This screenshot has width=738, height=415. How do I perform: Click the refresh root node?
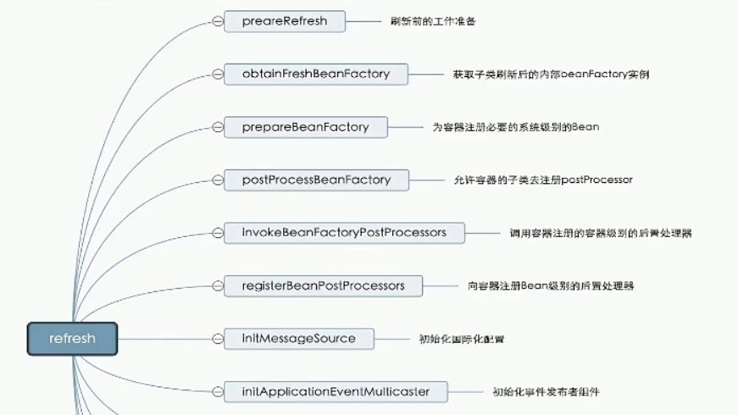[x=72, y=339]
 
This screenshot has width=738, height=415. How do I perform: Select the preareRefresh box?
[x=285, y=21]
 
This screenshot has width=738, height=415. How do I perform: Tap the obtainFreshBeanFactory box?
[x=315, y=75]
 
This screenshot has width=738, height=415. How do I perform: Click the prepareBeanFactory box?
[x=305, y=127]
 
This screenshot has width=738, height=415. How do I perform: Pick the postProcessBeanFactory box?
[x=316, y=180]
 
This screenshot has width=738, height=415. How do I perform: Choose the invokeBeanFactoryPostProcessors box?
[x=344, y=233]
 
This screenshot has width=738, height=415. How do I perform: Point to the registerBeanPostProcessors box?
[x=323, y=285]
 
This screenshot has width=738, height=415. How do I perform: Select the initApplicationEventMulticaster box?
[x=335, y=391]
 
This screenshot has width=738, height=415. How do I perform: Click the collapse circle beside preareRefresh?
[x=218, y=21]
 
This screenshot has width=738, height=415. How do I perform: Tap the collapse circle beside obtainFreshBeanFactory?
[x=218, y=75]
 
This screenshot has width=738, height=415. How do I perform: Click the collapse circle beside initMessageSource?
[x=218, y=339]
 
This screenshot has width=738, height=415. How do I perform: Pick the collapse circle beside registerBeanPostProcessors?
[x=218, y=285]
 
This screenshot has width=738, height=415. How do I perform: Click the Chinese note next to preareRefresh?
[x=433, y=21]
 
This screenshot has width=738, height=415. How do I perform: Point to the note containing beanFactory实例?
[x=551, y=75]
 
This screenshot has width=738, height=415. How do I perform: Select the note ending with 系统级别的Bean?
[x=515, y=127]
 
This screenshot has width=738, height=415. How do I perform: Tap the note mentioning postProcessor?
[x=542, y=180]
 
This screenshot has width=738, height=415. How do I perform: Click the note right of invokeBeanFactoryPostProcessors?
[x=600, y=233]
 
